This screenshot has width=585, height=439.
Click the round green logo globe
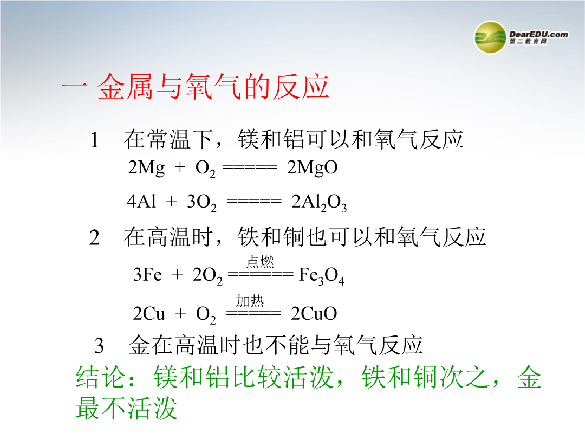[x=490, y=37]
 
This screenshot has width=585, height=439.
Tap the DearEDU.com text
[x=539, y=34]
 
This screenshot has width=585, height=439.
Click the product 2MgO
[x=313, y=168]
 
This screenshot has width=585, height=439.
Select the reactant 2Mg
[x=146, y=168]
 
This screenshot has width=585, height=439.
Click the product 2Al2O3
[x=319, y=203]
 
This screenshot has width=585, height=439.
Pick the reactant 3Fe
[x=148, y=275]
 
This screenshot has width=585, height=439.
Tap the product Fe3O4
[x=322, y=276]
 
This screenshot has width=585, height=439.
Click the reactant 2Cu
[x=149, y=314]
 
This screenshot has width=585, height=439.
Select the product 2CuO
[x=314, y=314]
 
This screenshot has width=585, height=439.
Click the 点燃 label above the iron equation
[x=260, y=262]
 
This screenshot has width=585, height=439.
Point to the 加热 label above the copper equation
[x=250, y=300]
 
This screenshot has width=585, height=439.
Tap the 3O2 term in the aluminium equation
[x=202, y=203]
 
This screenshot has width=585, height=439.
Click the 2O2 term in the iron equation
[x=207, y=276]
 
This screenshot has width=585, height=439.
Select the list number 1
[x=95, y=140]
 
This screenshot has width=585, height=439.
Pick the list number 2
[x=95, y=238]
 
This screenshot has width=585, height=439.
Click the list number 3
[x=99, y=346]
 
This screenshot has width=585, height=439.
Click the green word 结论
[x=100, y=377]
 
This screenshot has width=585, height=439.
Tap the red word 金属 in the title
[x=125, y=87]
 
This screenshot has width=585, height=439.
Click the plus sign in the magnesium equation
[x=180, y=167]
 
